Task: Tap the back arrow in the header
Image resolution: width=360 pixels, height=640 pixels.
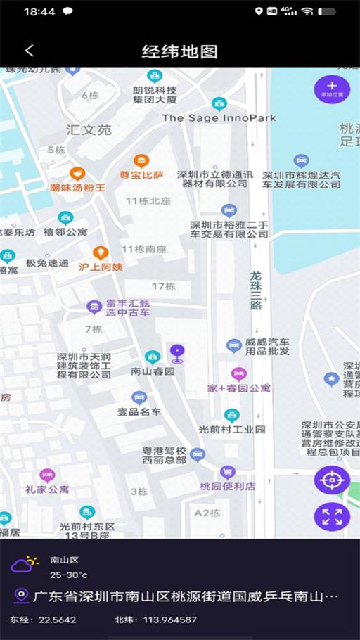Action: (x=29, y=51)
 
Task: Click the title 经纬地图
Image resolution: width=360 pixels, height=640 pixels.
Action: (x=180, y=51)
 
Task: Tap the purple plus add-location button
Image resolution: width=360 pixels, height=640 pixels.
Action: (x=332, y=89)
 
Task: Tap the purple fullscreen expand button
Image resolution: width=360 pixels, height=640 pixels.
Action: (x=332, y=517)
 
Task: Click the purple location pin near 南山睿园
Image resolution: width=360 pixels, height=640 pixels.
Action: (x=177, y=353)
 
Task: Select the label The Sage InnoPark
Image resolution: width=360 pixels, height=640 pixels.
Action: (x=219, y=118)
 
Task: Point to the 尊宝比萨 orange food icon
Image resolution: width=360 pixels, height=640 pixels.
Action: (x=141, y=160)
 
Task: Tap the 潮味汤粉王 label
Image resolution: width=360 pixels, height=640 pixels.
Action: (x=77, y=188)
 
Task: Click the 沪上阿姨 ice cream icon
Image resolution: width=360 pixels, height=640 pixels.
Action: (x=101, y=252)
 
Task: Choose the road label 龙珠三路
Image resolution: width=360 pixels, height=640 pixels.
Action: (x=256, y=290)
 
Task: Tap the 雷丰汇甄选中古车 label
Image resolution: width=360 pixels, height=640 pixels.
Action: (x=127, y=307)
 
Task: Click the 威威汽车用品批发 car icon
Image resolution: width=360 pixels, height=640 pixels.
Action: (x=234, y=345)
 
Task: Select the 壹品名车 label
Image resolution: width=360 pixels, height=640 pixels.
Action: (x=139, y=411)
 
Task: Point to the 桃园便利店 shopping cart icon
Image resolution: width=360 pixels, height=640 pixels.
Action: (x=227, y=472)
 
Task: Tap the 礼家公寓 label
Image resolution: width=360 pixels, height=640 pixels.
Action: (x=47, y=489)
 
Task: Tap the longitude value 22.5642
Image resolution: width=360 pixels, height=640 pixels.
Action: (x=57, y=620)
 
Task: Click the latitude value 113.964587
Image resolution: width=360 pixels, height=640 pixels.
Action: (x=167, y=620)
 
